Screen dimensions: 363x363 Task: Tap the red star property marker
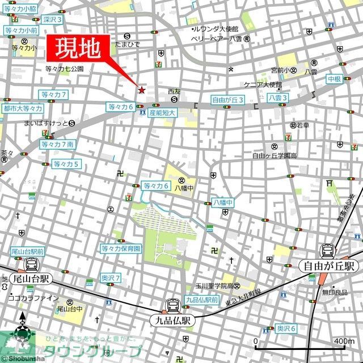[x=142, y=90]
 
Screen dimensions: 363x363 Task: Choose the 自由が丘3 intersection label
[x=227, y=99]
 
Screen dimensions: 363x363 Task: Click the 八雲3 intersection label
[x=278, y=98]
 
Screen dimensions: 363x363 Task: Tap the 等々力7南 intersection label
[x=57, y=145]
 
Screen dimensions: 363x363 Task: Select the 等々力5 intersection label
[x=66, y=164]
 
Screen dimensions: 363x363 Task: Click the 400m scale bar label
[x=344, y=341]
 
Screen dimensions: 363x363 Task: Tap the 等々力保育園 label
[x=121, y=248]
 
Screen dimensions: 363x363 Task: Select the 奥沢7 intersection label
[x=111, y=277]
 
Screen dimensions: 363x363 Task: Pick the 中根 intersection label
[x=334, y=79]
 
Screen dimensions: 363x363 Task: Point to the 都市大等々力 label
[x=22, y=108]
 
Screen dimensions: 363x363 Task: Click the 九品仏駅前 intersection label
[x=202, y=300]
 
